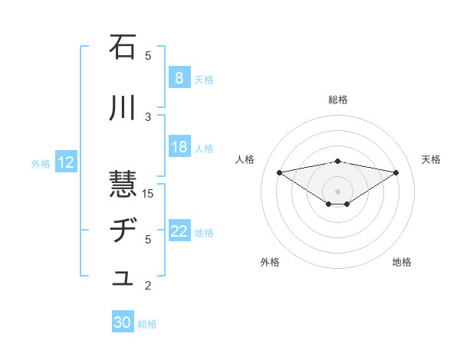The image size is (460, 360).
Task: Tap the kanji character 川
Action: (x=123, y=109)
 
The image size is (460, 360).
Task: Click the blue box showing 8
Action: (x=179, y=78)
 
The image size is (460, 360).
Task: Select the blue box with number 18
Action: (x=179, y=147)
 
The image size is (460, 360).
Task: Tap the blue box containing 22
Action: (x=179, y=232)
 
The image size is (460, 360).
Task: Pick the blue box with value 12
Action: (x=65, y=162)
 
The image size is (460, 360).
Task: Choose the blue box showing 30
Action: (x=122, y=323)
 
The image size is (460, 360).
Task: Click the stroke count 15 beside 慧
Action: (x=149, y=193)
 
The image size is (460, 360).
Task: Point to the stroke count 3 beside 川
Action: (x=149, y=116)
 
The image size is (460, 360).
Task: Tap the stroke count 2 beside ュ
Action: (x=149, y=286)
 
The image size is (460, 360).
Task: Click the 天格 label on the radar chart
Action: (x=431, y=159)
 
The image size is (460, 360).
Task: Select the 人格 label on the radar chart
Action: (x=245, y=159)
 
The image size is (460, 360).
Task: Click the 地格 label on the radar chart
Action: (x=402, y=262)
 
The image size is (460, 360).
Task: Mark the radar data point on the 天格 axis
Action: (x=396, y=172)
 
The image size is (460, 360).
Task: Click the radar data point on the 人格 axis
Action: (x=279, y=172)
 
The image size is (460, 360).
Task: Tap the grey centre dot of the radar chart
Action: (x=337, y=191)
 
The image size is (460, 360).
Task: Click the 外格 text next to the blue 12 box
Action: (x=41, y=163)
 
